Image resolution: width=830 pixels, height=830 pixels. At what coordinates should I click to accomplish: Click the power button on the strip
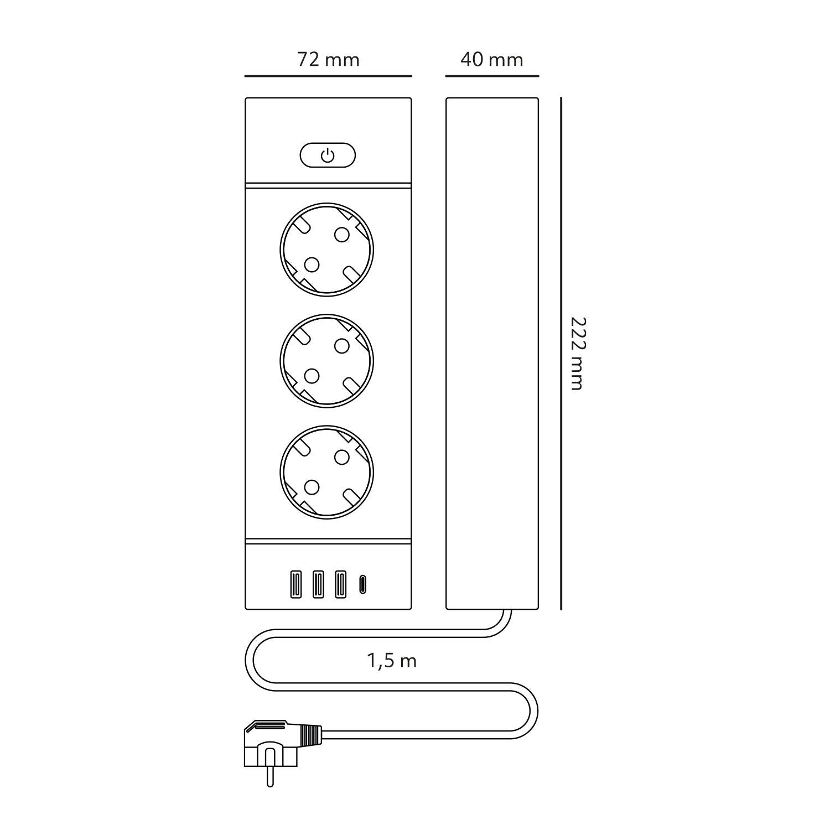328,155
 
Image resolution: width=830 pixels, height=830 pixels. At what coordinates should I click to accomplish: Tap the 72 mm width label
328,59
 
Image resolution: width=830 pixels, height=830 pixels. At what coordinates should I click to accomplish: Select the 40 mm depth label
491,59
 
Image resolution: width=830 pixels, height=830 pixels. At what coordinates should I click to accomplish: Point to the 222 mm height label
577,354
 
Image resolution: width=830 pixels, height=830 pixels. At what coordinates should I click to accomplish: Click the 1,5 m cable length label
392,661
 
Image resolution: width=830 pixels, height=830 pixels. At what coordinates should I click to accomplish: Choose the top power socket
326,250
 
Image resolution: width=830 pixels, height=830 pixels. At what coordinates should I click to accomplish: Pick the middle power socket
326,361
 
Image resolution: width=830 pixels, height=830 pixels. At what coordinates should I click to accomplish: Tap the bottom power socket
326,472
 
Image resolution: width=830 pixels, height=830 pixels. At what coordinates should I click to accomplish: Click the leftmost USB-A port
296,584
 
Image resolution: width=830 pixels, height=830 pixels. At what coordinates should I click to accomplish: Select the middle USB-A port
318,584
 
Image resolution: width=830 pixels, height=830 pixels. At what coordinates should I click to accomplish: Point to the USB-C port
362,584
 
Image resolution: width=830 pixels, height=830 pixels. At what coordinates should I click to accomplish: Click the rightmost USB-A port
340,584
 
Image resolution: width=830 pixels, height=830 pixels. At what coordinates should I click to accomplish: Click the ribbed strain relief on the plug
311,734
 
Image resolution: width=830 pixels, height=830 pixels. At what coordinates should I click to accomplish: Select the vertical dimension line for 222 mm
561,354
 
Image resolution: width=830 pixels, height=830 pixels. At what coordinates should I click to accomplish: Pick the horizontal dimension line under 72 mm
328,76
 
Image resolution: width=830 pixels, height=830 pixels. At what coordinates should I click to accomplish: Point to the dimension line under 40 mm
491,76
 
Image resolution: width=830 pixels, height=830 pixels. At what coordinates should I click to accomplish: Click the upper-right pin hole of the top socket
342,235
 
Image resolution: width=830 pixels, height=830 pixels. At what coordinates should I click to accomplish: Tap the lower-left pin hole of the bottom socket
312,487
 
